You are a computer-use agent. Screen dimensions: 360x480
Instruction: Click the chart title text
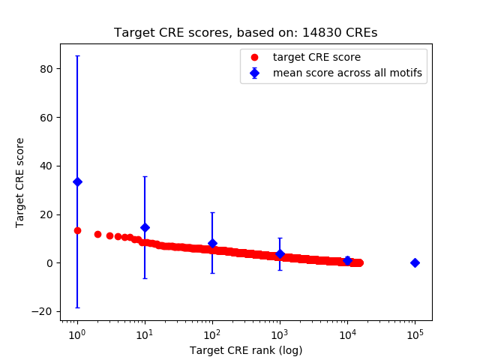245,33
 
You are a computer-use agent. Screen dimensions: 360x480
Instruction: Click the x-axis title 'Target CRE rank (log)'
245,349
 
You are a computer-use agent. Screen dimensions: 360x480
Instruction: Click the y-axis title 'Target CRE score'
20,182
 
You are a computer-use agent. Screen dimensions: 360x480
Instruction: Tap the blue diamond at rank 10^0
77,181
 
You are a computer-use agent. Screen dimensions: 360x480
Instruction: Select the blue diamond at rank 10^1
145,227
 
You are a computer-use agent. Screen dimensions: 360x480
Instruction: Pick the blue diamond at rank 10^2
212,243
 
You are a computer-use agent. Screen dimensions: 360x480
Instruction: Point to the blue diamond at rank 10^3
280,253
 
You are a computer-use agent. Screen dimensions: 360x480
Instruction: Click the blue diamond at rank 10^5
415,262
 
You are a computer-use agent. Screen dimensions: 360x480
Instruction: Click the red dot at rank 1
77,230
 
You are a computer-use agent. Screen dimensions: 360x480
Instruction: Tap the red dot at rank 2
97,234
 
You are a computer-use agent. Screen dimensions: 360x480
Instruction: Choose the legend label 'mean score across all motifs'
347,73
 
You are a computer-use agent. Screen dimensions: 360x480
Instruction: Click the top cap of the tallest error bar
77,55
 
